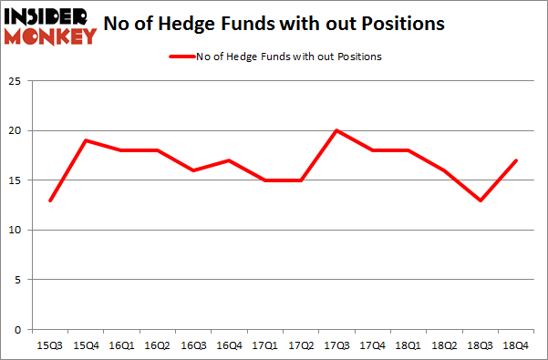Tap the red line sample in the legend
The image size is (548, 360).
(181, 57)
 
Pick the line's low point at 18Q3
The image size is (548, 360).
(481, 201)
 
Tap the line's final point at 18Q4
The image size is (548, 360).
(516, 160)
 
